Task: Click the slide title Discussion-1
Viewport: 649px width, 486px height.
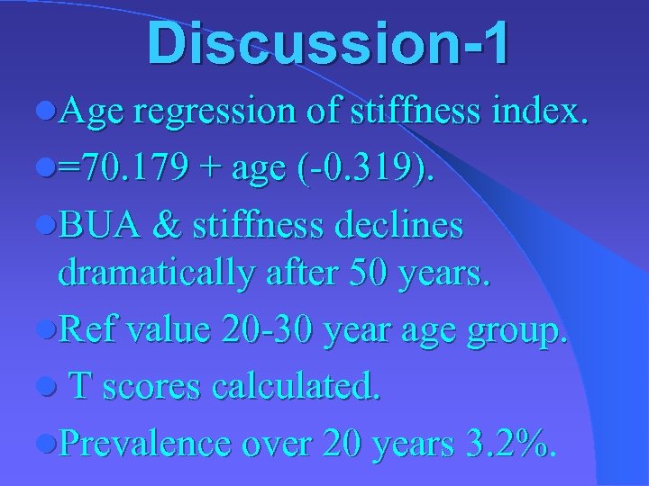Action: (x=329, y=44)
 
